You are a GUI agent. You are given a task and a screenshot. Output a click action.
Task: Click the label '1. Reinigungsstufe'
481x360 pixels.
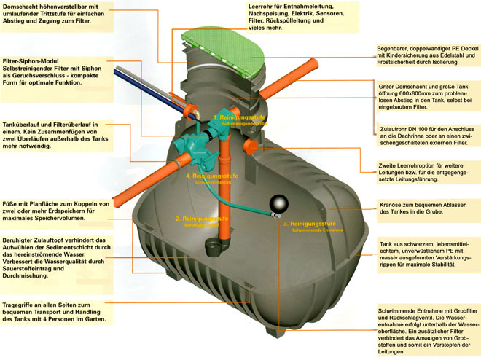pyautogui.click(x=240, y=117)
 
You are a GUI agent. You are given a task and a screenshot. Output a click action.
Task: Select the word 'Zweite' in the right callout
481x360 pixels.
pyautogui.click(x=391, y=165)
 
